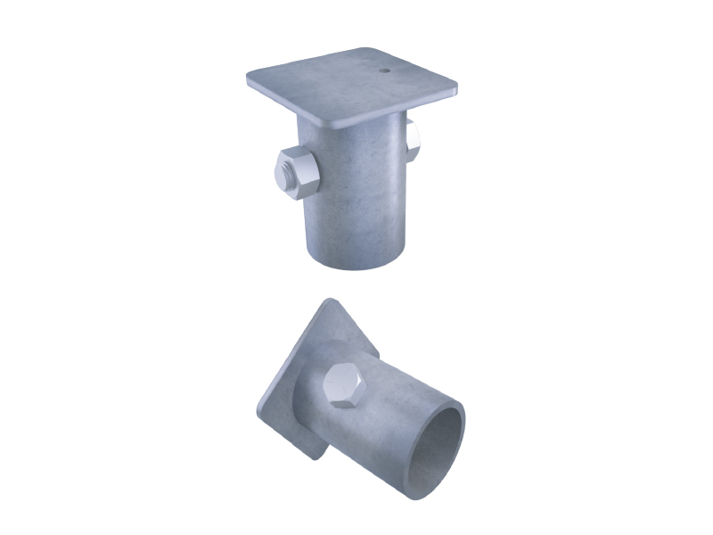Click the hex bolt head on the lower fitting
pyautogui.click(x=343, y=385)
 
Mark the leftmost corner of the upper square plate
pyautogui.click(x=250, y=80)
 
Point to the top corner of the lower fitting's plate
pyautogui.click(x=330, y=300)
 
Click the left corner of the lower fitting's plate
pyautogui.click(x=258, y=412)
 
